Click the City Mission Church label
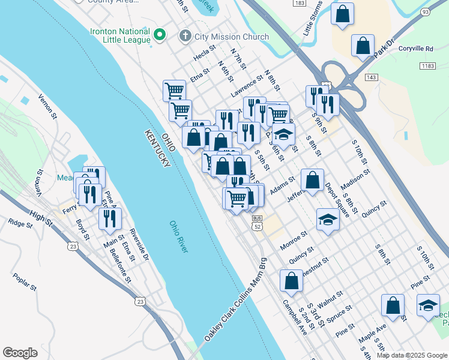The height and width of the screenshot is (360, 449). tap(232, 37)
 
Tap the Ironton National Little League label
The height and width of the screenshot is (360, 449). tap(120, 35)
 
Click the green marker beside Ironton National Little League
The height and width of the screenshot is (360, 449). tap(160, 35)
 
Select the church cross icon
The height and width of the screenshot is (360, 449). tap(186, 37)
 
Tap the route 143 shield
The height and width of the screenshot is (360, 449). tap(372, 77)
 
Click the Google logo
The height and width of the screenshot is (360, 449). tap(20, 353)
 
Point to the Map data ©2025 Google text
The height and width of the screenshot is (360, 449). tap(412, 355)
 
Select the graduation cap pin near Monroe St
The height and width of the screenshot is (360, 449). tap(328, 220)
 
